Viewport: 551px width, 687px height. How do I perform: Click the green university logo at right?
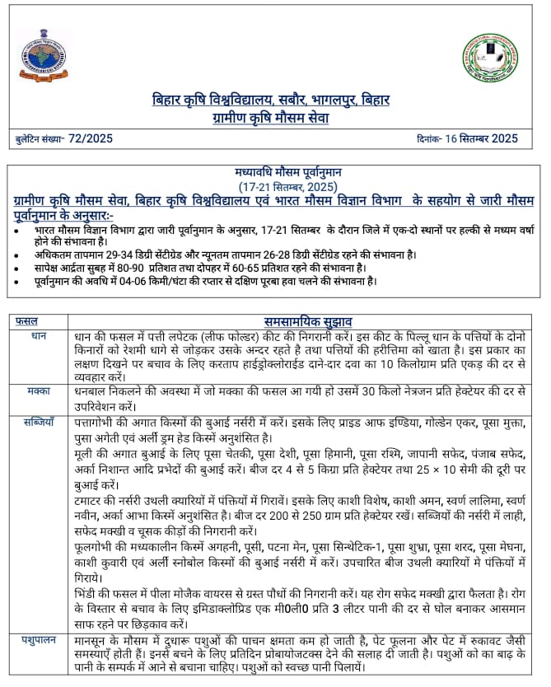pyautogui.click(x=490, y=59)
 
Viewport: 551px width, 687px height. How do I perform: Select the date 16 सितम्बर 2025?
pyautogui.click(x=482, y=138)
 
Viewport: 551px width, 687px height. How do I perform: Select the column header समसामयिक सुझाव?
pyautogui.click(x=308, y=321)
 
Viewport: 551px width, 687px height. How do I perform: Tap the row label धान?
pyautogui.click(x=38, y=336)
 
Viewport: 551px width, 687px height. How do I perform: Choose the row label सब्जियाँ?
pyautogui.click(x=40, y=422)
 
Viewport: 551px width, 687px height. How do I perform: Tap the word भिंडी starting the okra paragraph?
pyautogui.click(x=88, y=592)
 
